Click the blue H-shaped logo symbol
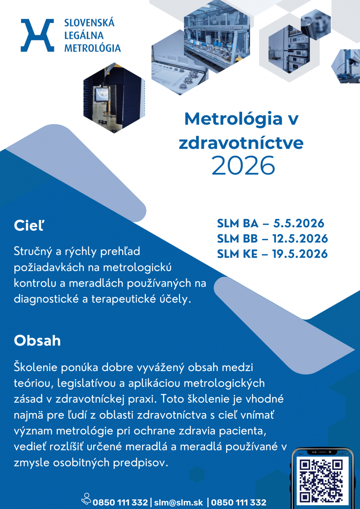tap(37, 35)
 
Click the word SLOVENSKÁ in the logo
tap(89, 23)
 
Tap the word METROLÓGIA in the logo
tap(92, 48)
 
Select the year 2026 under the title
tap(243, 165)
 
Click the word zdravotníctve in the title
tap(241, 143)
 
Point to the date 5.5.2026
tap(298, 223)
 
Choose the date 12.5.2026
tap(300, 238)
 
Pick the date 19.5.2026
tap(300, 254)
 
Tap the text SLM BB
tap(237, 238)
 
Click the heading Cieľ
tap(29, 225)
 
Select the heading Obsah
tap(37, 341)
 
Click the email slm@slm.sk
tap(178, 502)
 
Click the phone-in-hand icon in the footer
tap(86, 499)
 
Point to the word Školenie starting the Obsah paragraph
tap(35, 367)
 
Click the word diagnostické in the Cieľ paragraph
tap(46, 299)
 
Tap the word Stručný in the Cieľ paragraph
tap(33, 251)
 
